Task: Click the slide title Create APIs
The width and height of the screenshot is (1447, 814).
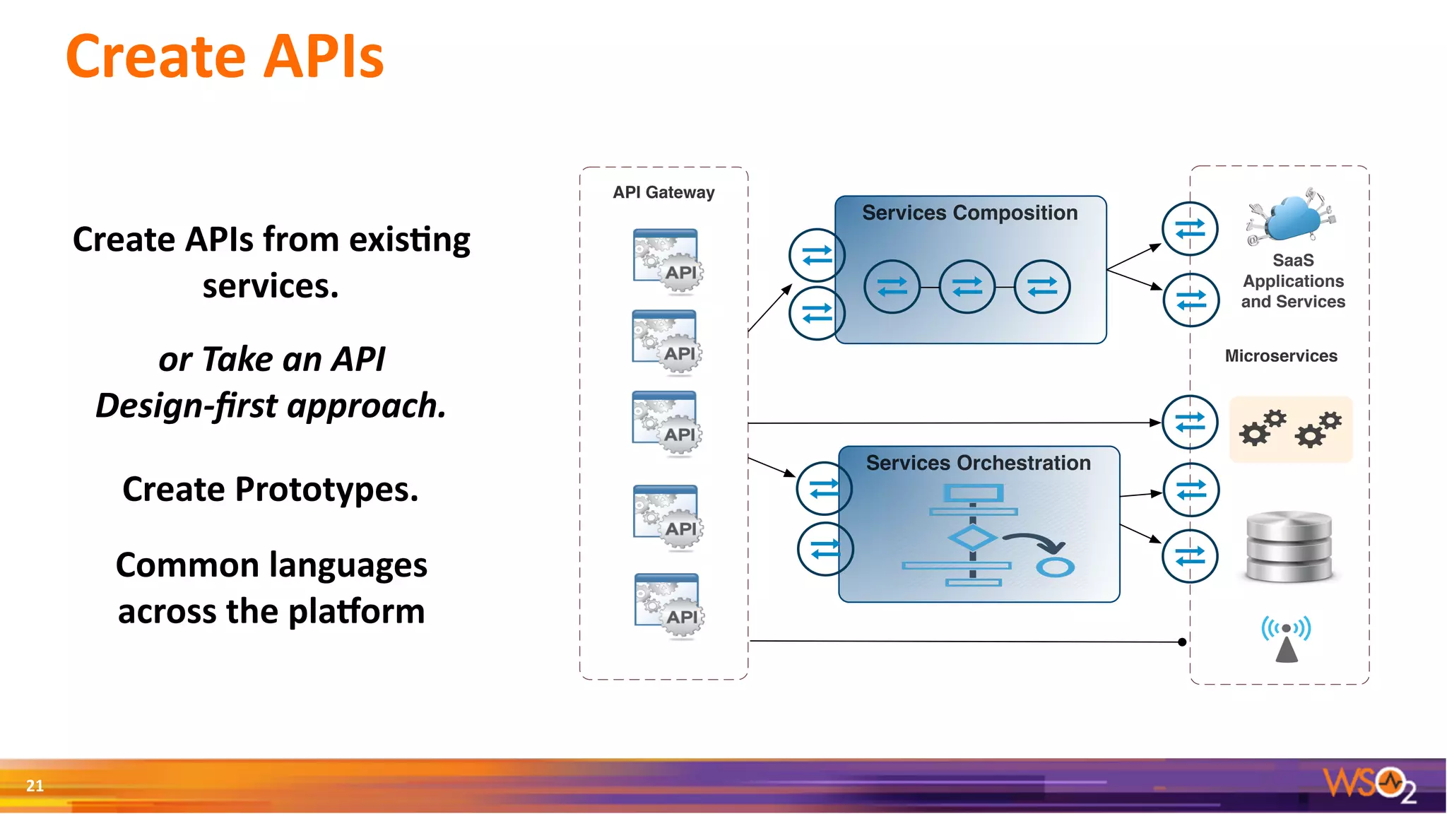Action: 225,57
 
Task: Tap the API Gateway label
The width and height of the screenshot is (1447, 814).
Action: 663,192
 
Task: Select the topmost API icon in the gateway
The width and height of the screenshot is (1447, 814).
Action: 667,260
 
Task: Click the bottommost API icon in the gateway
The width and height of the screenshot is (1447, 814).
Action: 668,606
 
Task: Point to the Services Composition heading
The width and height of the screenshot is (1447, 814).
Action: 969,213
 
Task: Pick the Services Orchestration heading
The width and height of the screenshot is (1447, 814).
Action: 978,463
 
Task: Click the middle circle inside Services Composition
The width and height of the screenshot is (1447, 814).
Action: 967,286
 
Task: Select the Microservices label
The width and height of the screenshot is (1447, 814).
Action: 1280,356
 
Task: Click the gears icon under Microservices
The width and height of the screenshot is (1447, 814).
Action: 1290,429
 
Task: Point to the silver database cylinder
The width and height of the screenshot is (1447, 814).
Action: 1289,547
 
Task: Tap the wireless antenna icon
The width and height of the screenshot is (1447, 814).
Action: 1286,638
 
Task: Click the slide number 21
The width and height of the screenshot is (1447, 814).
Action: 35,785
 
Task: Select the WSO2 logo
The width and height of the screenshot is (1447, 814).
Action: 1368,783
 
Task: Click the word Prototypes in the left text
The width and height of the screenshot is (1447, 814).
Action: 326,489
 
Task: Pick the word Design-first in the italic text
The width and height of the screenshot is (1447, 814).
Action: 187,406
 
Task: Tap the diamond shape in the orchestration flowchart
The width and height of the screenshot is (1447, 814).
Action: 972,538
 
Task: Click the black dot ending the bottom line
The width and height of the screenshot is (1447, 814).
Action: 1182,642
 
